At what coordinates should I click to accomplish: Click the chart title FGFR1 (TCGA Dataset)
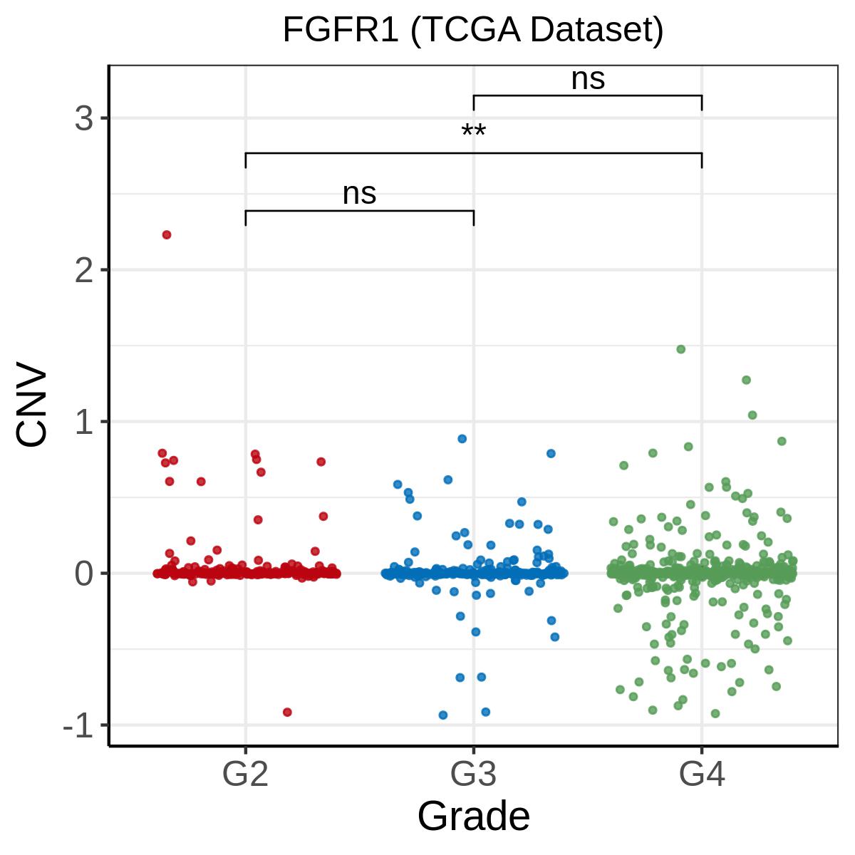coord(473,30)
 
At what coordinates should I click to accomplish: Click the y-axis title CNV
coord(31,403)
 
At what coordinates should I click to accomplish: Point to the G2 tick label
coord(245,774)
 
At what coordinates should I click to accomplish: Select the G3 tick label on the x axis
coord(473,774)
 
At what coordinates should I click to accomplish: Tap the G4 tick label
coord(702,774)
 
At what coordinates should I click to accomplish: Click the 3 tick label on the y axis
coord(84,118)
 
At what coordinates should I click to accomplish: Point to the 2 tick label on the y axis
coord(84,270)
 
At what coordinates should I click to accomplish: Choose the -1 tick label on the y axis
coord(78,725)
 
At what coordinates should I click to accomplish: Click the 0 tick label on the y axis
coord(84,574)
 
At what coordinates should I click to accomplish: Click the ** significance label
coord(473,131)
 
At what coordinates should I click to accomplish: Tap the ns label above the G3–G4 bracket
coord(588,79)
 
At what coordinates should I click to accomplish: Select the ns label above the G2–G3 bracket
coord(359,194)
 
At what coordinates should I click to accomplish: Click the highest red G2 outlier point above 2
coord(167,234)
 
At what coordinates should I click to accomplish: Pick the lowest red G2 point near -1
coord(287,712)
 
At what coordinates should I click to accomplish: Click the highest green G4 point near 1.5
coord(680,349)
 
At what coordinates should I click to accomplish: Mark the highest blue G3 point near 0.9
coord(462,439)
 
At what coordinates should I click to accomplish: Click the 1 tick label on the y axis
coord(84,422)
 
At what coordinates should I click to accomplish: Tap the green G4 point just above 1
coord(752,415)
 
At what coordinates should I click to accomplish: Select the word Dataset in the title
coord(596,30)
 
